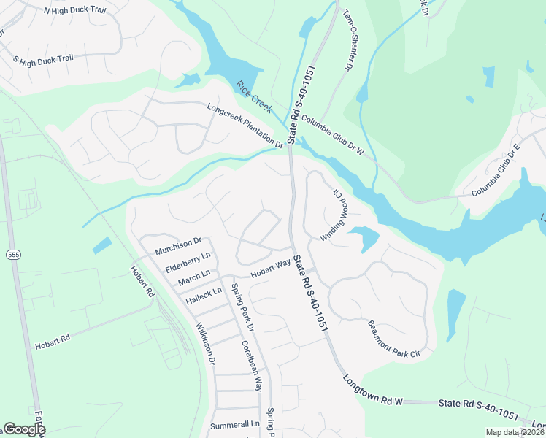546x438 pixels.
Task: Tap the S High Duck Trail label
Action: click(x=45, y=59)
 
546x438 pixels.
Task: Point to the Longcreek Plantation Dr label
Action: click(x=245, y=126)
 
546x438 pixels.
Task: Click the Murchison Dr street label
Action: click(x=178, y=246)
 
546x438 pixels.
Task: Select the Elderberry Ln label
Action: click(x=188, y=261)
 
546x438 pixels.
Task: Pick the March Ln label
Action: click(x=193, y=277)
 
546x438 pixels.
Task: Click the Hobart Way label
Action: click(x=271, y=270)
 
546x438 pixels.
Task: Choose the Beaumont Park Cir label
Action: click(x=394, y=340)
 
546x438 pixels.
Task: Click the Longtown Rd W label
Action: click(x=374, y=391)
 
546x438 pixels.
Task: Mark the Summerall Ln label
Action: click(x=234, y=424)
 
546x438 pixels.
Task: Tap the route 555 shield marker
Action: click(x=13, y=254)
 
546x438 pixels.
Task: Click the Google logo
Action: click(x=23, y=429)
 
